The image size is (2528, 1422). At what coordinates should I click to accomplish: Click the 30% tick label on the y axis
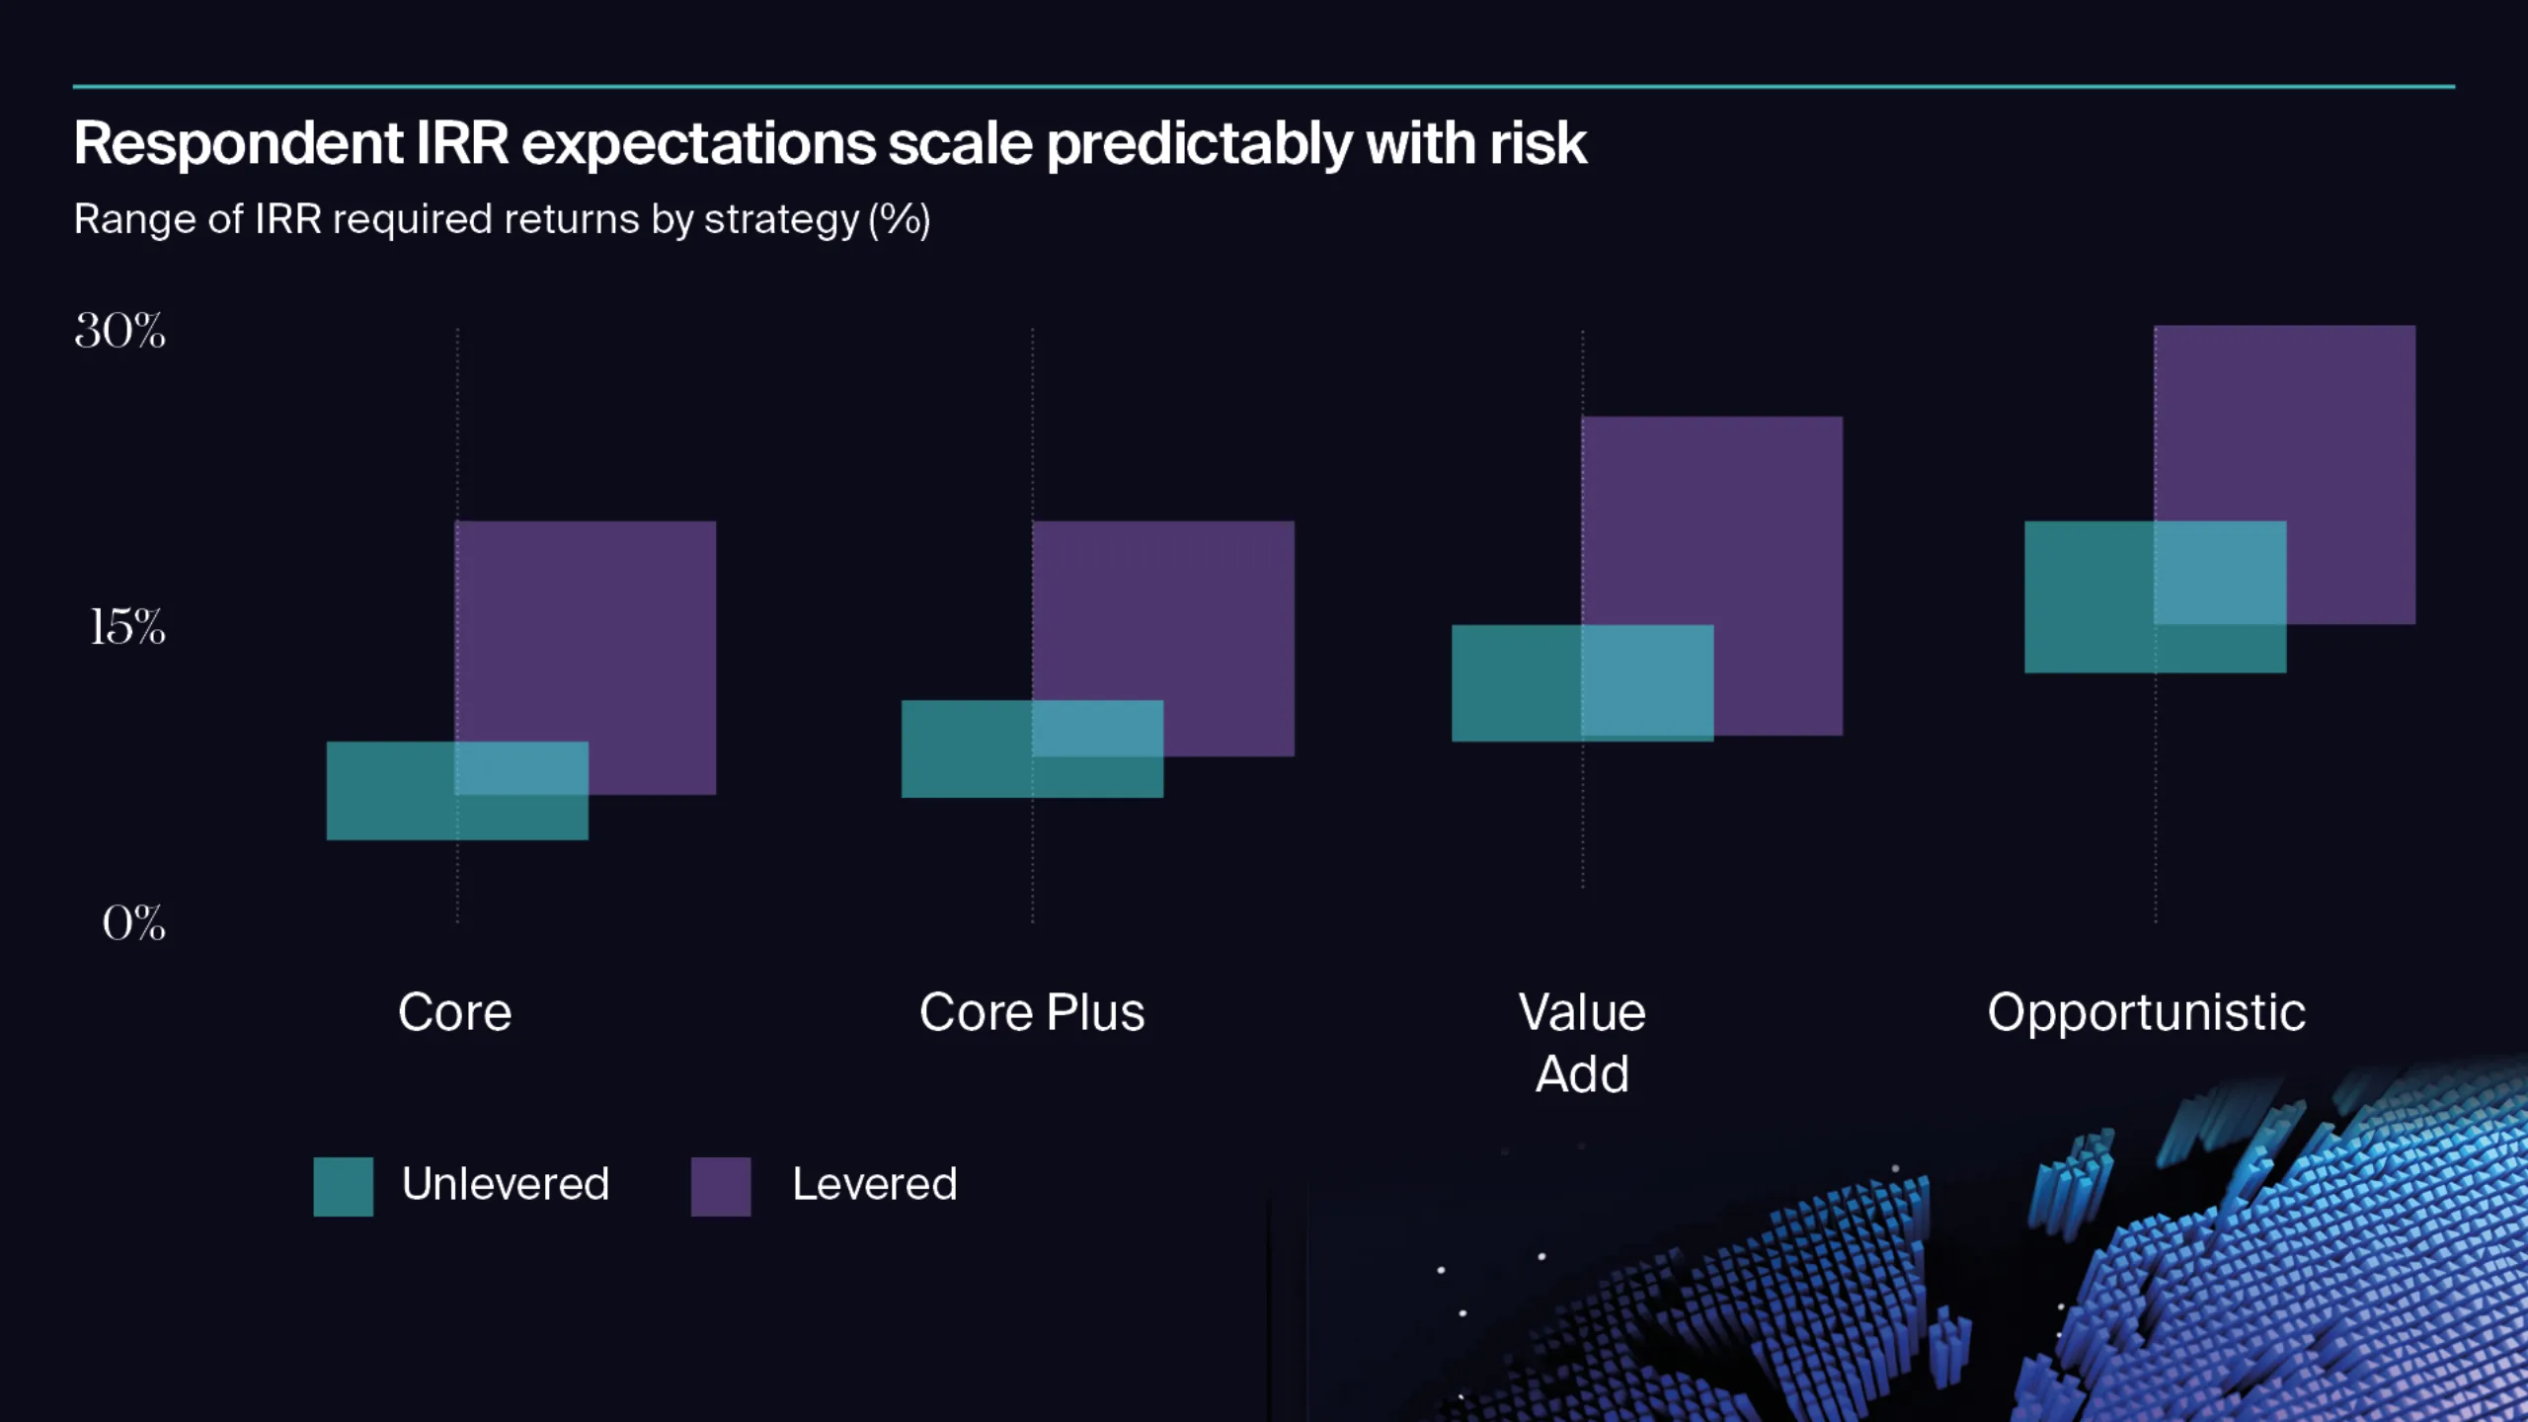pos(119,331)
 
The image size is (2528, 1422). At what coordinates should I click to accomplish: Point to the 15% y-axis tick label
pos(127,627)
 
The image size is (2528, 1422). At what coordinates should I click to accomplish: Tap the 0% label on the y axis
pos(133,923)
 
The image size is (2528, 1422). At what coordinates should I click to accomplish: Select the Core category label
pos(455,1012)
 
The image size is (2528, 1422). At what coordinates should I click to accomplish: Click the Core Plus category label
pos(1032,1012)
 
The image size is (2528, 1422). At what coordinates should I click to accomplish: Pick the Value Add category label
pos(1582,1042)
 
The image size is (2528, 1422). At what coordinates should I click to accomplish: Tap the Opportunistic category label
pos(2146,1012)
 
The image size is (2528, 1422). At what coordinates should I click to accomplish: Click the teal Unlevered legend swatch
pos(343,1186)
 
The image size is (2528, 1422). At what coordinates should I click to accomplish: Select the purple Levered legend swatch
pos(720,1186)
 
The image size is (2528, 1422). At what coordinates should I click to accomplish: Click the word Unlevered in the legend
pos(506,1184)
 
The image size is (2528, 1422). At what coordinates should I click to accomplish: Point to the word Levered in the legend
pos(875,1184)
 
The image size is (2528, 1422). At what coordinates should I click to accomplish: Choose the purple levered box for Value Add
pos(1738,523)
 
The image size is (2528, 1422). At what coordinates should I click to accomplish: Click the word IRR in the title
pos(461,143)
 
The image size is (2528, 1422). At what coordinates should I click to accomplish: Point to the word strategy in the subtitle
pos(781,219)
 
